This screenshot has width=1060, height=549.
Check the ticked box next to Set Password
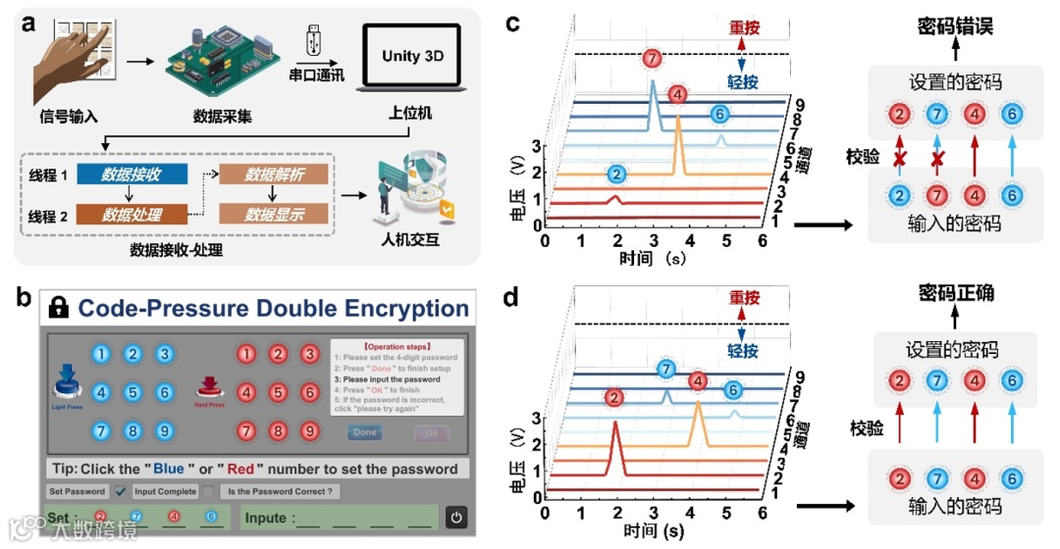click(x=122, y=491)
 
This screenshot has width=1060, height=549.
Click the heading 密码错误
click(x=955, y=25)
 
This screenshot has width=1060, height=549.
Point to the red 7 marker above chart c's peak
click(x=654, y=58)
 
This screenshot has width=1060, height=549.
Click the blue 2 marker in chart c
click(x=616, y=175)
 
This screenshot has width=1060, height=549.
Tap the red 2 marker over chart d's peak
click(x=614, y=397)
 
